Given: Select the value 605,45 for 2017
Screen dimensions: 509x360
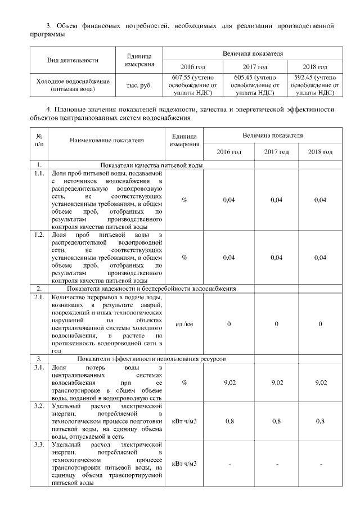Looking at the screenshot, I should [245, 78].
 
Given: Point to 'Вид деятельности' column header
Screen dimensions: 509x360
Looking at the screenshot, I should [72, 60].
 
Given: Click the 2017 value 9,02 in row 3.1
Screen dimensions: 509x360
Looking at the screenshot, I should [276, 382].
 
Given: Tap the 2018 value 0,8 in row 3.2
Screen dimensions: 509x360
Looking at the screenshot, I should [320, 421].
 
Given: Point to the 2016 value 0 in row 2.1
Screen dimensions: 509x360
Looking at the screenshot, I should [228, 324].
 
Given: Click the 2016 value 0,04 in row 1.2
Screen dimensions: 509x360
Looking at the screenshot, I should [228, 258].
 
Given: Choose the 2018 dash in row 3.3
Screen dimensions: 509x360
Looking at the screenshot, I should [320, 463].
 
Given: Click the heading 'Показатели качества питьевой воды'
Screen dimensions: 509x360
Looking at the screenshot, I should [151, 165].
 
